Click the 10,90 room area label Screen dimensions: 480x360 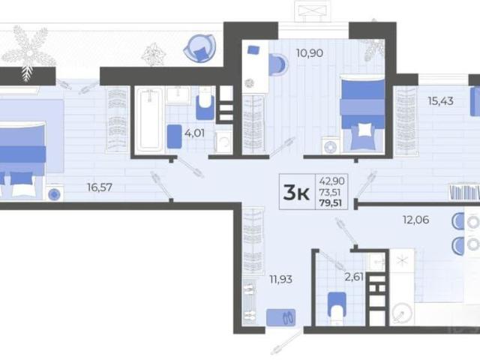click(310, 53)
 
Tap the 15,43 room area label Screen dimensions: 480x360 click(440, 100)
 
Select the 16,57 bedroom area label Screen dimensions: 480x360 click(100, 187)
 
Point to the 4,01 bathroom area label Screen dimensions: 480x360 click(195, 133)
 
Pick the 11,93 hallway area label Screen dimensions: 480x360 click(280, 279)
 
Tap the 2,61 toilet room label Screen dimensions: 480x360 click(354, 277)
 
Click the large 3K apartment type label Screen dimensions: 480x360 click(296, 193)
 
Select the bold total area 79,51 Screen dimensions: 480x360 click(331, 202)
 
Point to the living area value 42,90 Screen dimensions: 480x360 click(331, 181)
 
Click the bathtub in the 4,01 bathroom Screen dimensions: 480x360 click(149, 119)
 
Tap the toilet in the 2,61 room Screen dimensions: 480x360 click(337, 307)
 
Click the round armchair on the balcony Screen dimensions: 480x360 click(200, 48)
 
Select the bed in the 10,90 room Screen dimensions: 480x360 click(363, 112)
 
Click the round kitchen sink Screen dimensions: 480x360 click(401, 313)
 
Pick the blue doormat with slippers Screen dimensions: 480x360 click(280, 317)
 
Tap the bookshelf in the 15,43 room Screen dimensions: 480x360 click(464, 193)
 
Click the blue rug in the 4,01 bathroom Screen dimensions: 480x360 click(174, 136)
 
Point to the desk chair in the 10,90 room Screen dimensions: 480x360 click(278, 64)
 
